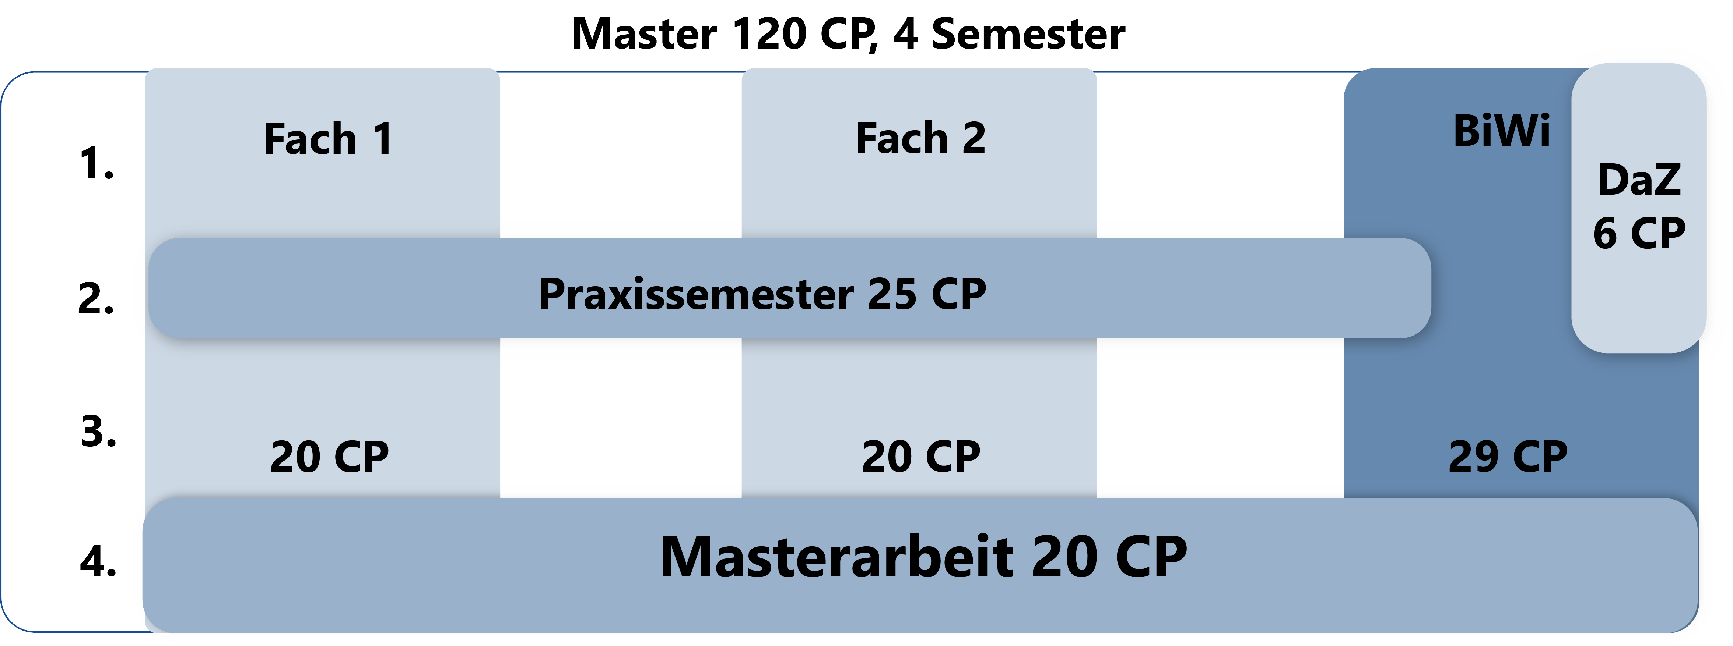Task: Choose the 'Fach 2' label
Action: click(921, 138)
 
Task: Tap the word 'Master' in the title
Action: click(645, 33)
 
